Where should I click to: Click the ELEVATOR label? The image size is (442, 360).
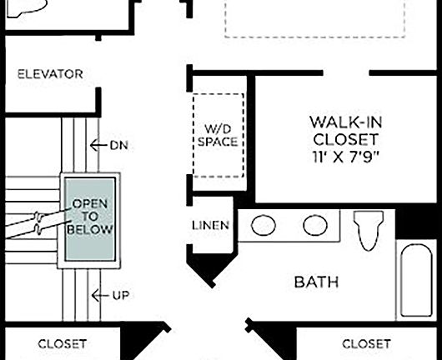pyautogui.click(x=51, y=74)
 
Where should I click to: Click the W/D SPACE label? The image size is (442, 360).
pyautogui.click(x=218, y=135)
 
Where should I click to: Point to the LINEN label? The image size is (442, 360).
pyautogui.click(x=211, y=226)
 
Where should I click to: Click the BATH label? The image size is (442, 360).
pyautogui.click(x=317, y=282)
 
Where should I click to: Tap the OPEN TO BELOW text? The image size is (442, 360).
pyautogui.click(x=92, y=217)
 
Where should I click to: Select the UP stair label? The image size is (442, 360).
pyautogui.click(x=120, y=295)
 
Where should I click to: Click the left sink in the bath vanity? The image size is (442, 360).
pyautogui.click(x=265, y=226)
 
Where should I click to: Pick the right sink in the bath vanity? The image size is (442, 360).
pyautogui.click(x=314, y=226)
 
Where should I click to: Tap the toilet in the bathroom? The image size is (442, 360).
pyautogui.click(x=368, y=228)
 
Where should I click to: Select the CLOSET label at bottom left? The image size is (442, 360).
pyautogui.click(x=63, y=343)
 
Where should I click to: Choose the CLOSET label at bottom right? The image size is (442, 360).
pyautogui.click(x=366, y=343)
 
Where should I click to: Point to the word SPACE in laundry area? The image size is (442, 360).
pyautogui.click(x=218, y=142)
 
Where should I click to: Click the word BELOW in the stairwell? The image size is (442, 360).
pyautogui.click(x=92, y=229)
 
